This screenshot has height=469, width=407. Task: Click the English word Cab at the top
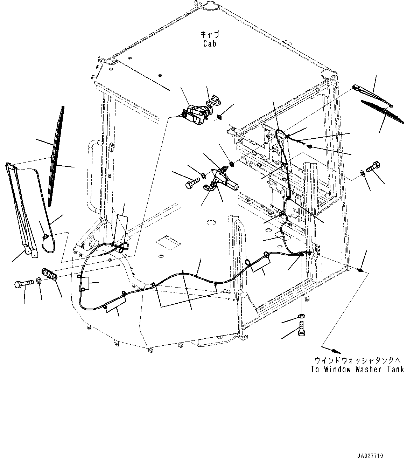tap(209, 43)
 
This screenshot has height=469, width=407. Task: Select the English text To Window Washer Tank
tap(357, 369)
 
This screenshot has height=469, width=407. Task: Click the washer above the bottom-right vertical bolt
tap(301, 317)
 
